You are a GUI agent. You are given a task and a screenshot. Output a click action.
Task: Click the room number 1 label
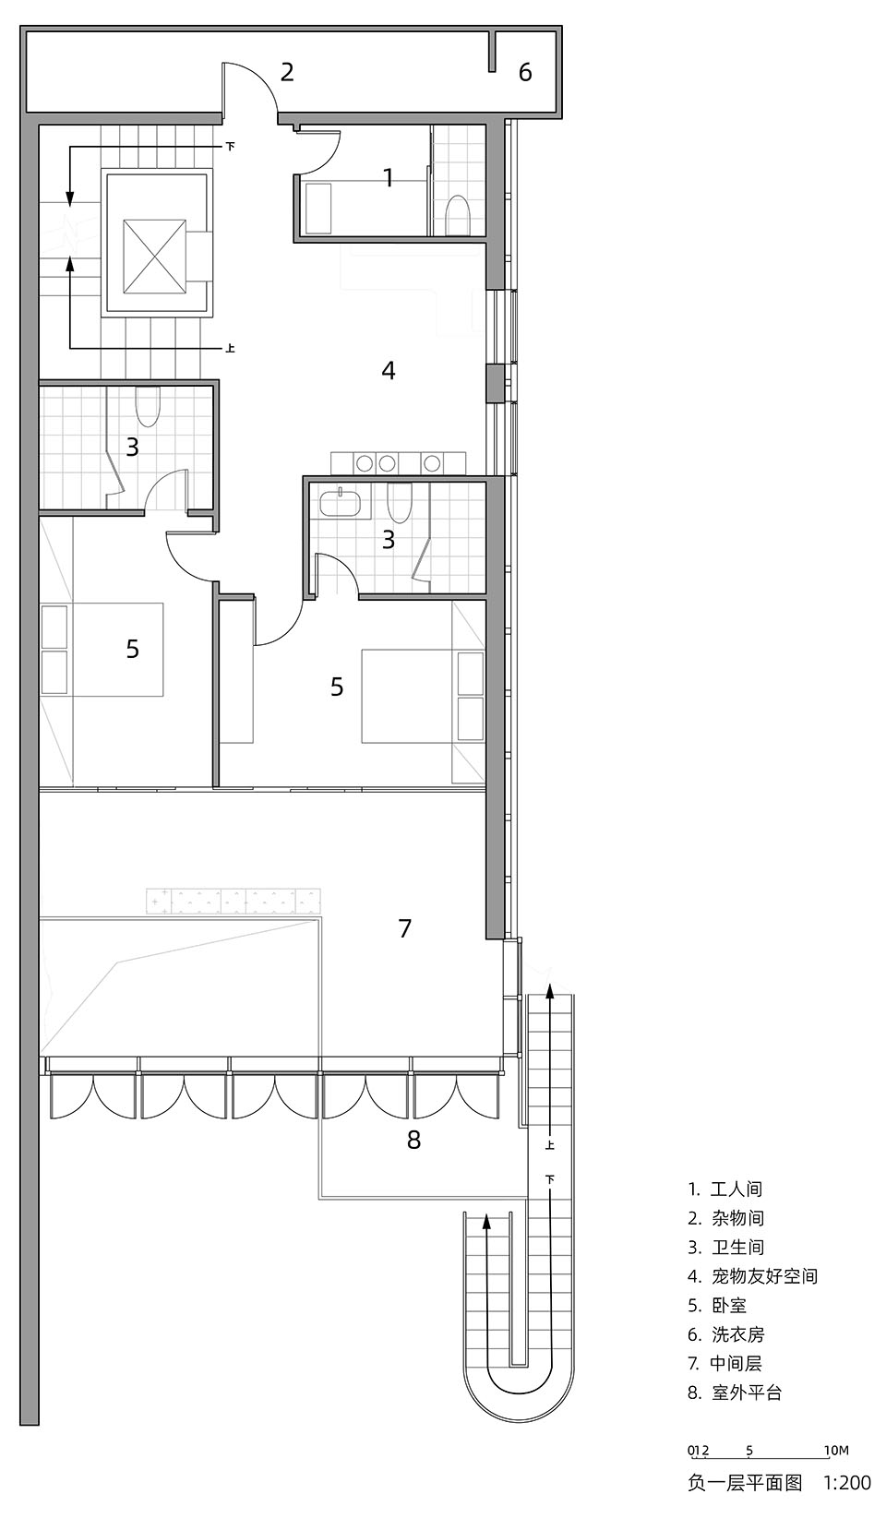click(389, 177)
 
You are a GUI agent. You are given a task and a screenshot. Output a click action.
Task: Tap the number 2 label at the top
click(287, 71)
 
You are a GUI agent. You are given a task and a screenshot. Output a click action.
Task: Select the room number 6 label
click(525, 72)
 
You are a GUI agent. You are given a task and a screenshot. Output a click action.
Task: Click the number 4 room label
click(389, 370)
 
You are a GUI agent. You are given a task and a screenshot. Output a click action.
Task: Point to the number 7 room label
click(404, 928)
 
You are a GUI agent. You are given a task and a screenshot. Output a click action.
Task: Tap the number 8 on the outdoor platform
click(413, 1141)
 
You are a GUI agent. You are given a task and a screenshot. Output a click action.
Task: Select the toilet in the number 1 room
click(458, 216)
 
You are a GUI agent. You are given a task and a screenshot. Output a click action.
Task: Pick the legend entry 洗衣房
click(737, 1334)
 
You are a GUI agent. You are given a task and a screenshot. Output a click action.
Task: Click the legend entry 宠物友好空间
click(764, 1276)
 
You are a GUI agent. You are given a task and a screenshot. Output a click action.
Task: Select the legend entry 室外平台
click(747, 1392)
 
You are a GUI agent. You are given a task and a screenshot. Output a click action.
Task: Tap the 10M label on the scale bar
click(835, 1451)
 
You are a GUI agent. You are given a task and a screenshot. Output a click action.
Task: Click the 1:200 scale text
click(846, 1483)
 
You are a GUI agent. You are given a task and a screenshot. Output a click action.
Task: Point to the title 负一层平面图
click(745, 1483)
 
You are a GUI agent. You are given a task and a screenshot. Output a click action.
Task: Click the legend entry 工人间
click(737, 1189)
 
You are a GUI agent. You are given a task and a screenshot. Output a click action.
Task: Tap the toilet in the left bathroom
click(148, 403)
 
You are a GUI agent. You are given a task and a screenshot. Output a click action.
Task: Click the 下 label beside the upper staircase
click(230, 146)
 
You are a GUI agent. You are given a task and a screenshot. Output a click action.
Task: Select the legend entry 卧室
click(729, 1306)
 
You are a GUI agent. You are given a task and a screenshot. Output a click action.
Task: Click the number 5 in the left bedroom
click(133, 649)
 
